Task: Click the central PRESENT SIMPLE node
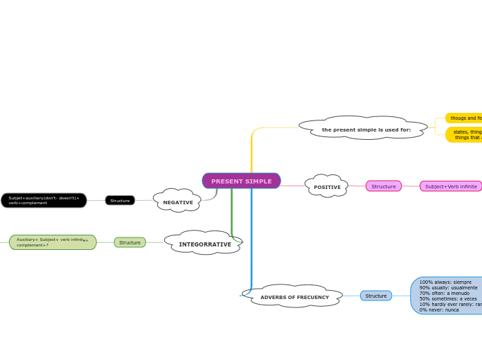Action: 241,181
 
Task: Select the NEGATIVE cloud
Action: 178,202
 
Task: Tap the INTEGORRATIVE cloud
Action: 205,244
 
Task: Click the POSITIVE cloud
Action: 327,187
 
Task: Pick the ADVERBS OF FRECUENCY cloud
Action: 294,297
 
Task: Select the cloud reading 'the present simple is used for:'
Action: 366,129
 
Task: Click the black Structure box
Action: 120,200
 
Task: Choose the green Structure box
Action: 130,242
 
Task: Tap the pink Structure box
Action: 384,186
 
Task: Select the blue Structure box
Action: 376,296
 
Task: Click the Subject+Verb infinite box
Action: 451,186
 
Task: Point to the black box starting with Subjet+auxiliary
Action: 44,200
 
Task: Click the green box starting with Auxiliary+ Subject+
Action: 53,242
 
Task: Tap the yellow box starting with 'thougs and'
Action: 465,118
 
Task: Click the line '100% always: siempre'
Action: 445,282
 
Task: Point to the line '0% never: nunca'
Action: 439,309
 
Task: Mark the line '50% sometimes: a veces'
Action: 448,298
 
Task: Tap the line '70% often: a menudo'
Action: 444,293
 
